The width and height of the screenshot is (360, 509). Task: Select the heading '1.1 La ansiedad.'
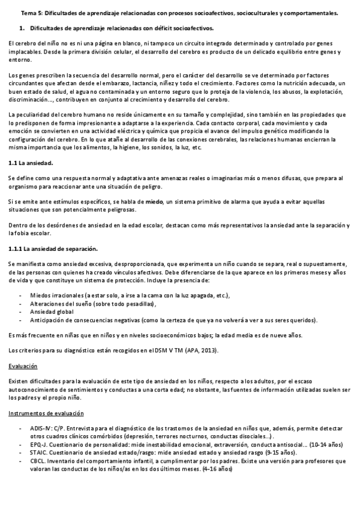(x=31, y=163)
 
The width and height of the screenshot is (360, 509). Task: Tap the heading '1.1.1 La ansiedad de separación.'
(x=53, y=248)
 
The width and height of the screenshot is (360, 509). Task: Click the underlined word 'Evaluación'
(x=23, y=366)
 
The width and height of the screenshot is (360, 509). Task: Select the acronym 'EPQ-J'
(x=37, y=444)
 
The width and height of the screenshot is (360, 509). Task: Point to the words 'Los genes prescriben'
(x=34, y=74)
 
